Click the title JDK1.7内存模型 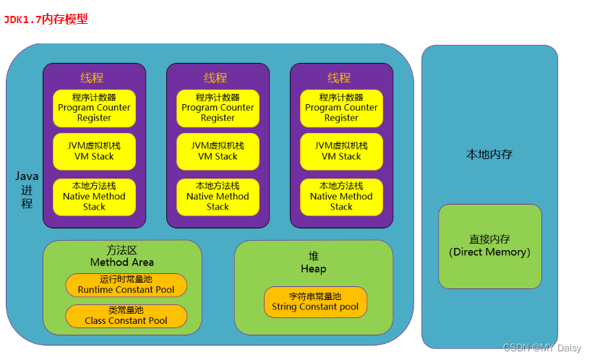pos(46,20)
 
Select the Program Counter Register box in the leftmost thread pos(94,108)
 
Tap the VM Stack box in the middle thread pos(218,151)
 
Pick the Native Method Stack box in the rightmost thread pos(341,196)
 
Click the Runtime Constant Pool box pos(126,285)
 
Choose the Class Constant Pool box pos(126,316)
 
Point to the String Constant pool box pos(315,301)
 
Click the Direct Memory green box pos(489,246)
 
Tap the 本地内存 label pos(489,154)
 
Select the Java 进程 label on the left pos(27,189)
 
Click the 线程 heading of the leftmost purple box pos(93,77)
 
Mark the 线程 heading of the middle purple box pos(216,77)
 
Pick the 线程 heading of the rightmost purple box pos(340,77)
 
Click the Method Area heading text pos(121,256)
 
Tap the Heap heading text pos(314,262)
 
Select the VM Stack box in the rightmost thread pos(341,151)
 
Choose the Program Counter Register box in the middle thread pos(218,108)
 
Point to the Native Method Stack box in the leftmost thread pos(94,196)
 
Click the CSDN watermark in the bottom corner pos(542,348)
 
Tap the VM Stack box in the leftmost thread pos(94,151)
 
